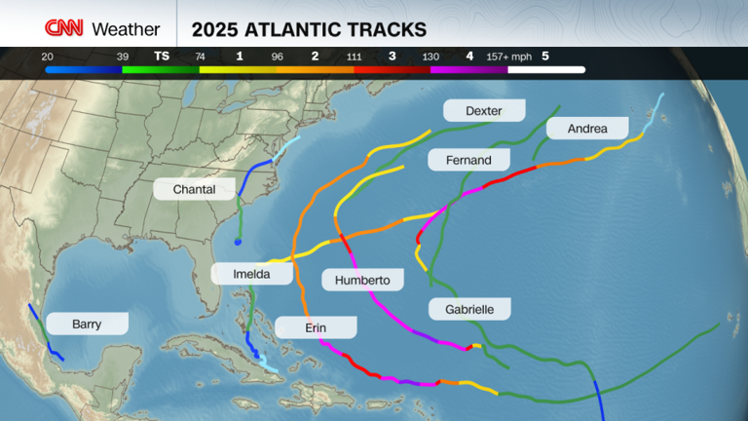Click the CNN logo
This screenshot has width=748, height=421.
[64, 28]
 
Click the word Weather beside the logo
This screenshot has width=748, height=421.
[126, 29]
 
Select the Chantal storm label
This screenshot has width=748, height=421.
[193, 189]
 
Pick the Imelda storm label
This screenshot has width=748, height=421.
[251, 274]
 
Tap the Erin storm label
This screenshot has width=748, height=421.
[316, 327]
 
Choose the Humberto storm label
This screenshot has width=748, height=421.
[362, 280]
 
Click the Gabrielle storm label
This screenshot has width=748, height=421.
[469, 309]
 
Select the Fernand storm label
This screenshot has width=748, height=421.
[468, 159]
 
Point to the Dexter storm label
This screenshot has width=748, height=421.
[484, 110]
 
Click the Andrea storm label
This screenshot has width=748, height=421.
[587, 128]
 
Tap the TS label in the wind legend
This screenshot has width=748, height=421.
[162, 57]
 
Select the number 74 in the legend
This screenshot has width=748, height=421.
[200, 57]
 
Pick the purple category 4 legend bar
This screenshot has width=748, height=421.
[468, 70]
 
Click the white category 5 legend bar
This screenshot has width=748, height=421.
[545, 70]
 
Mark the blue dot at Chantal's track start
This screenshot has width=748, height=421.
[238, 243]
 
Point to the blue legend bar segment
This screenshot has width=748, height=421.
[83, 70]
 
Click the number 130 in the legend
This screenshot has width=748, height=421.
[430, 57]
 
